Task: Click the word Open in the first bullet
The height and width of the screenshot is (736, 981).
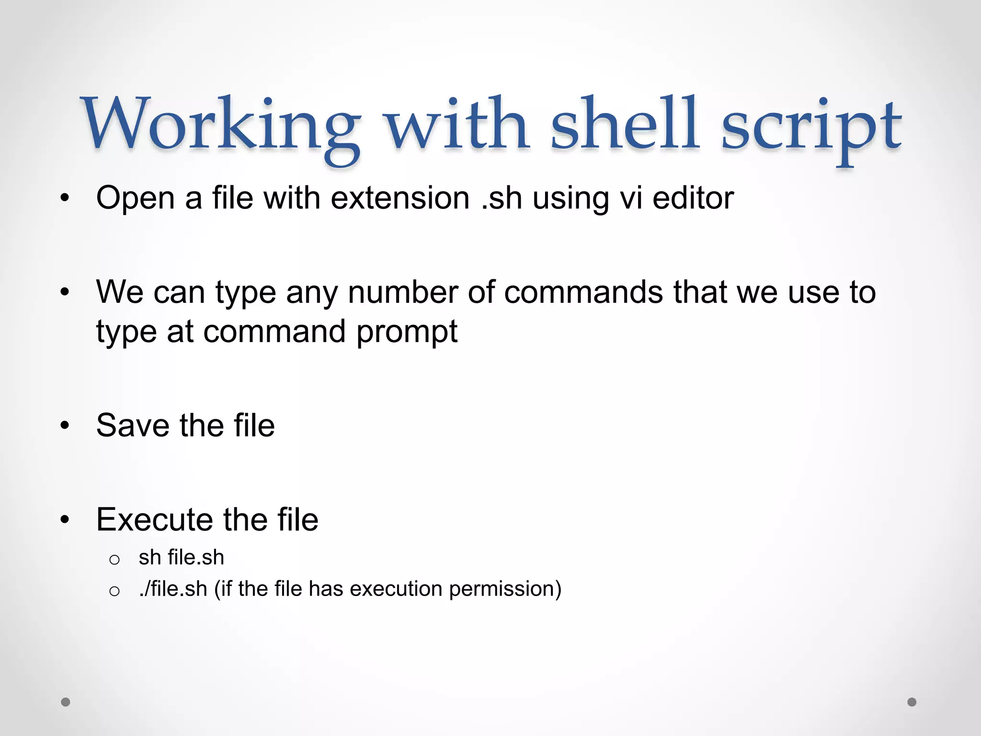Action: [x=135, y=198]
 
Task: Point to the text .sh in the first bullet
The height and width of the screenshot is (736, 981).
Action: [x=501, y=198]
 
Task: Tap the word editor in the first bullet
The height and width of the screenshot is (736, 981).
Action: [x=693, y=198]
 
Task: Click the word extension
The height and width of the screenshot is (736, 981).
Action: [x=400, y=198]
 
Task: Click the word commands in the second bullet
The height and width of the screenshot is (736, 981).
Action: [x=583, y=292]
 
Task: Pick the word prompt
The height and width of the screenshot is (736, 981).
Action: [x=407, y=332]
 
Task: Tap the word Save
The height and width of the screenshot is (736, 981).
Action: [x=133, y=425]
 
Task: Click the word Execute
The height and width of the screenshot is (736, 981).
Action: [x=154, y=519]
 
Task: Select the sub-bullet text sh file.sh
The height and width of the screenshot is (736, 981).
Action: [x=181, y=557]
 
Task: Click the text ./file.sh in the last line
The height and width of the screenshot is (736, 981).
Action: [x=173, y=589]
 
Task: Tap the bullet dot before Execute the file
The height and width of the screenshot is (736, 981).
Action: [x=65, y=520]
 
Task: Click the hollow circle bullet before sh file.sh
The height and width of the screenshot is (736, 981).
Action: [x=114, y=559]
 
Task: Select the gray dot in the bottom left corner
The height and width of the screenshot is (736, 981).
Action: [x=66, y=702]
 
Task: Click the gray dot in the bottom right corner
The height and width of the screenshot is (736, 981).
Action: [x=912, y=702]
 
